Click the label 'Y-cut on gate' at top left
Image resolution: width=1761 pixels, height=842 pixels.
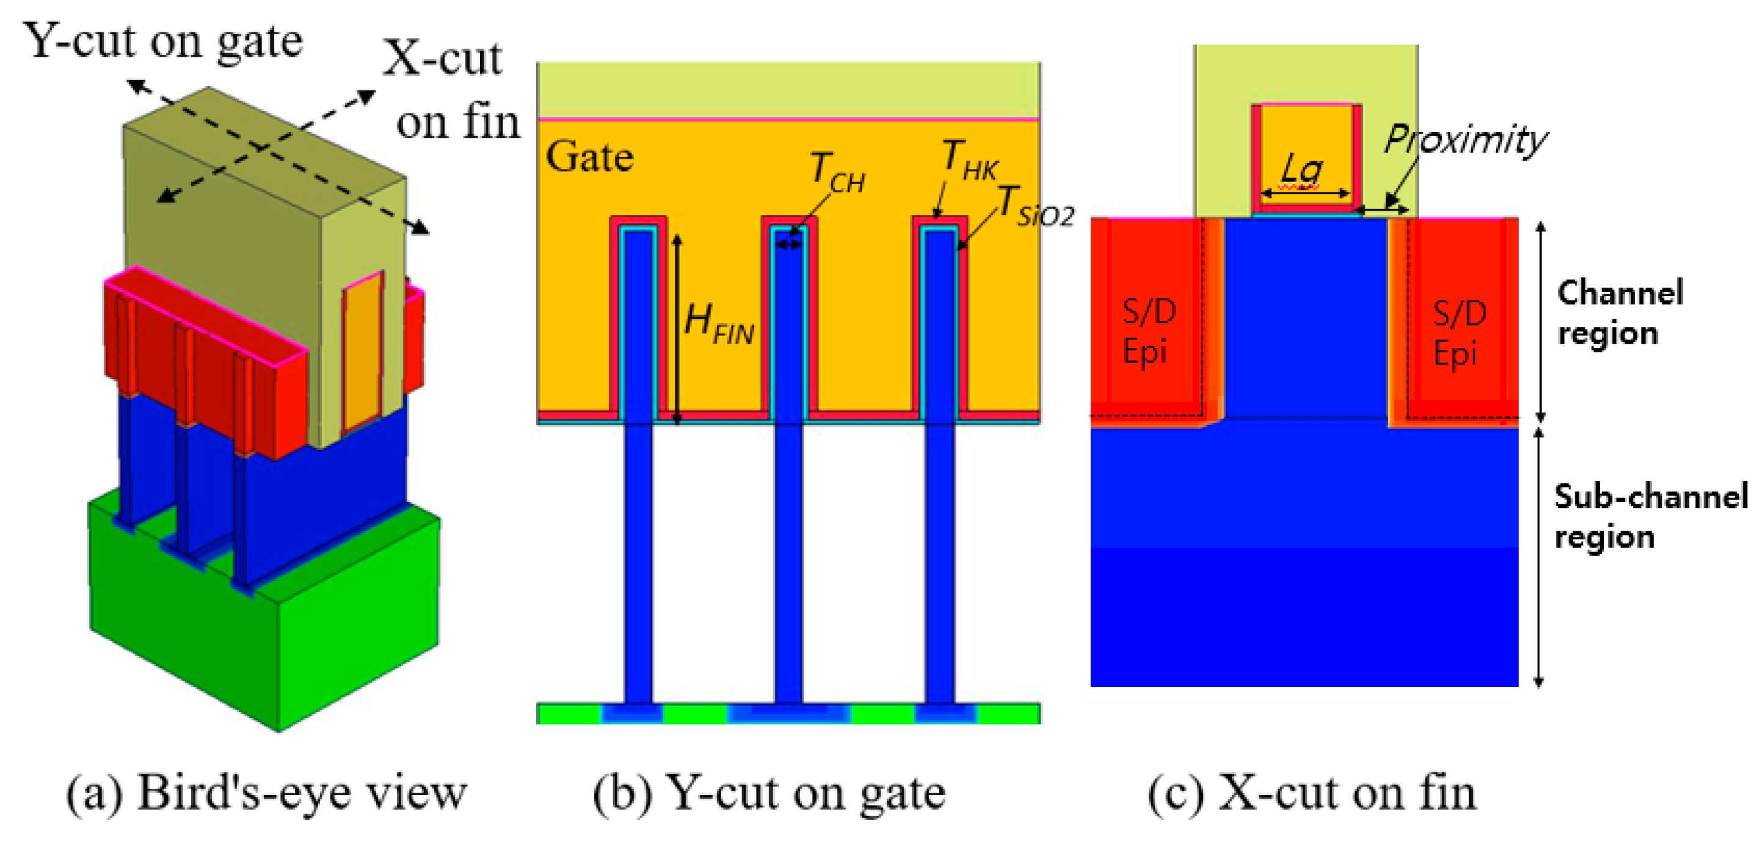coord(162,42)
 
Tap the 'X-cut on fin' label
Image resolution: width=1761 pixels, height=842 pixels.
coord(451,90)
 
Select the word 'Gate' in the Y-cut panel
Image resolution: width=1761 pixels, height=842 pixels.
coord(589,157)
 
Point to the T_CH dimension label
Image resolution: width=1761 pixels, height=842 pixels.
coord(837,171)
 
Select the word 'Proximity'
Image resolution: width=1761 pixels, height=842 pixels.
coord(1465,139)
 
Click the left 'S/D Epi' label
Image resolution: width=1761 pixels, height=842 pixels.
coord(1149,332)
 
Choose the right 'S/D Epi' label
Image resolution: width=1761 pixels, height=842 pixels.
coord(1459,333)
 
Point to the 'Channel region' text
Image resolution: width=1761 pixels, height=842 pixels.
coord(1619,313)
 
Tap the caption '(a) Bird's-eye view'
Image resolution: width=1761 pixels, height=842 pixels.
coord(267,793)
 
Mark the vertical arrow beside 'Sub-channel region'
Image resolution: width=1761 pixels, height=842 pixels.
coord(1539,557)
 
